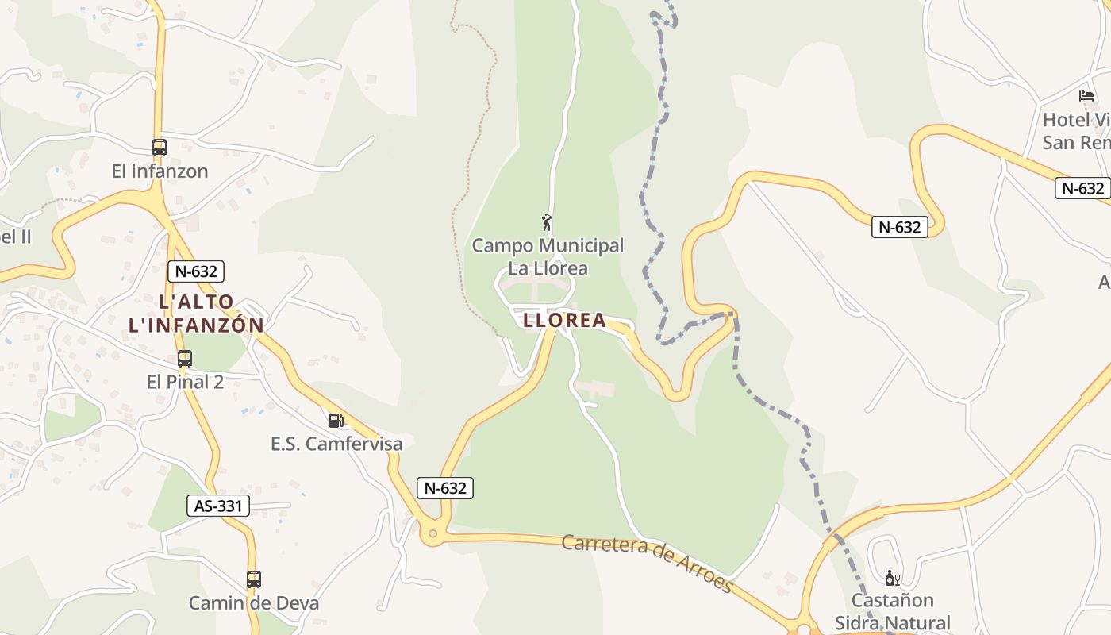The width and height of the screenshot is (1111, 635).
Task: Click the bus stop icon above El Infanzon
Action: point(160,147)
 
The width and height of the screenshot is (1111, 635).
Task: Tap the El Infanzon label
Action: point(160,171)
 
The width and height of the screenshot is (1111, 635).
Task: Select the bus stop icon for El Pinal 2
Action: point(185,359)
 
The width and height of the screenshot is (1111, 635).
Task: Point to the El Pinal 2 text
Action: point(185,382)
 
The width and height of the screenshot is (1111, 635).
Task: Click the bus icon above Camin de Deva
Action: point(253,579)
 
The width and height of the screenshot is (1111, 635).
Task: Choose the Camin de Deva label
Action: point(253,602)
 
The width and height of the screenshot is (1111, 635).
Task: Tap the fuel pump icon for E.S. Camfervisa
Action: point(336,420)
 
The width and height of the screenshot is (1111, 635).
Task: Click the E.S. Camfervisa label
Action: point(336,444)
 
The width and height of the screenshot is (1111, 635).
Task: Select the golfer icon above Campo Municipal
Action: point(547,222)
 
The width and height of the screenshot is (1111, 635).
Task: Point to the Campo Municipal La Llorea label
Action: point(548,256)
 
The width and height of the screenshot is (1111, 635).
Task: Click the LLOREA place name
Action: point(564,321)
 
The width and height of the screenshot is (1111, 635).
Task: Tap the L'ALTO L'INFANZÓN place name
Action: point(196,313)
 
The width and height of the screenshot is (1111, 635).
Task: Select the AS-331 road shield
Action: point(217,506)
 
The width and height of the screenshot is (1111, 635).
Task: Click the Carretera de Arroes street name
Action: point(647,563)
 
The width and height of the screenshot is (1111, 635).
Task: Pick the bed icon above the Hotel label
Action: point(1086,96)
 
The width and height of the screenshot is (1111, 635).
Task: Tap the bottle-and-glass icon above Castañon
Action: point(892,578)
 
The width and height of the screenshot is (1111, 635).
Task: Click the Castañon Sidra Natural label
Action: point(892,611)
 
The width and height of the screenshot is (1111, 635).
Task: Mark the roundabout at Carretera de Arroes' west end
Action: point(432,533)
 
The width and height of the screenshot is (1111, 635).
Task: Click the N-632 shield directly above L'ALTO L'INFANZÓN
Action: point(196,271)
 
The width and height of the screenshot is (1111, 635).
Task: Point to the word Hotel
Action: point(1066,120)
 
